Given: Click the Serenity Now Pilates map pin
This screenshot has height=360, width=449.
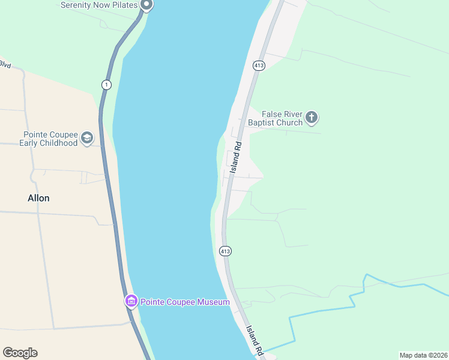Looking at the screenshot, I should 146,5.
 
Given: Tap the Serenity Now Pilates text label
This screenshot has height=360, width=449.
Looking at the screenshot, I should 99,5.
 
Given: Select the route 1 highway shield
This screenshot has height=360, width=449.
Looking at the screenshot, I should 106,84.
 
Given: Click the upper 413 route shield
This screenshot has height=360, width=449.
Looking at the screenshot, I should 259,65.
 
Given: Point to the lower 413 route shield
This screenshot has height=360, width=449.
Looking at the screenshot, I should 224,251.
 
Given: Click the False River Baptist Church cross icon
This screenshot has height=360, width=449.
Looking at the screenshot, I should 311,118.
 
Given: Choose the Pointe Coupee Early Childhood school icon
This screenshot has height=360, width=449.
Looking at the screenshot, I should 87,139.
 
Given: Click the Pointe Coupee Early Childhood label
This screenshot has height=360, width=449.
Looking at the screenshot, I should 50,139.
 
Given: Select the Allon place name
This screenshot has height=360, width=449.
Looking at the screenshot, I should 38,198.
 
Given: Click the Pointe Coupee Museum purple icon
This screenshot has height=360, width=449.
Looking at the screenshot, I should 131,301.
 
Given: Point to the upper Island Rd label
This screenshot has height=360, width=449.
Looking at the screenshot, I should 236,154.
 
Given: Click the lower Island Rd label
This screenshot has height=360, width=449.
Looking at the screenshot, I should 255,339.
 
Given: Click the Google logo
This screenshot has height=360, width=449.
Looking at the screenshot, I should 20,353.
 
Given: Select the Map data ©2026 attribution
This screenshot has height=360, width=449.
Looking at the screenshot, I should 423,355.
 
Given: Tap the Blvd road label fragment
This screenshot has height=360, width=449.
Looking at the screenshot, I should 5,64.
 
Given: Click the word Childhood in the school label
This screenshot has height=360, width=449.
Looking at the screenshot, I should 58,143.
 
